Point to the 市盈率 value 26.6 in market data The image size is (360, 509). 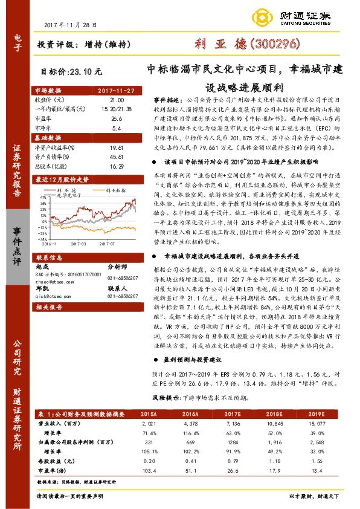click(x=116, y=119)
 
